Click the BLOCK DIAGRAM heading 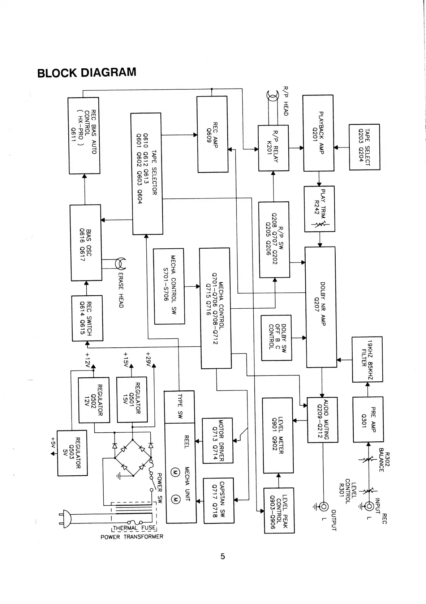click(87, 72)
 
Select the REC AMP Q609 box click(212, 134)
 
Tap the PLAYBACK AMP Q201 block click(318, 133)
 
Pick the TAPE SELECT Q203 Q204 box click(364, 147)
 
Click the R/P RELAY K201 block click(273, 148)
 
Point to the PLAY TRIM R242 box click(319, 209)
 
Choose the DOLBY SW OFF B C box click(276, 338)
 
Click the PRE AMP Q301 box click(368, 419)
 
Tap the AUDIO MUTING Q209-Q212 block click(322, 420)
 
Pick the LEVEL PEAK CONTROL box click(279, 510)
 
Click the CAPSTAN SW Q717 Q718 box click(218, 500)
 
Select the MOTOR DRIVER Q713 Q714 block click(217, 440)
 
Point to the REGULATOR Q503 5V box click(72, 453)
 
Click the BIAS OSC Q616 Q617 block click(85, 243)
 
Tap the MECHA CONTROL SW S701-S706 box click(169, 286)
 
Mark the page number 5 click(223, 556)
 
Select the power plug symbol click(66, 519)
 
